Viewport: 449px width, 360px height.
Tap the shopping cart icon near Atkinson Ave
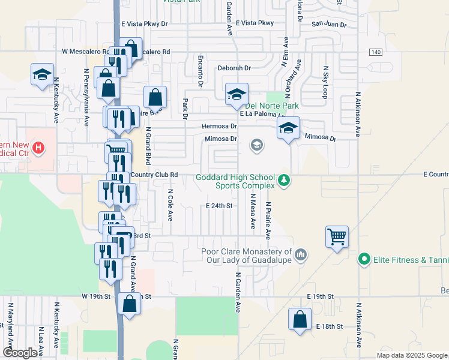[337, 236]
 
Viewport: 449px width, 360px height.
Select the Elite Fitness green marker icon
[363, 260]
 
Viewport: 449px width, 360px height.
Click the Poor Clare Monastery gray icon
[301, 256]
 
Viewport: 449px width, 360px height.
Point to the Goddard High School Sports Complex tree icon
[285, 179]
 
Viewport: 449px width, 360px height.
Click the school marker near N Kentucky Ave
[41, 74]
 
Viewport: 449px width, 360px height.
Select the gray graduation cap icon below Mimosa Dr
[257, 145]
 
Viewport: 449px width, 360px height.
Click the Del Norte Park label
[271, 106]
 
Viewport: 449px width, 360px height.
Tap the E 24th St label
[218, 205]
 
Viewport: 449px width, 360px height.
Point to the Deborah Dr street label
[234, 68]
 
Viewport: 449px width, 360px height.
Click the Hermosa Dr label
[220, 127]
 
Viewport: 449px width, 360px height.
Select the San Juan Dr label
[329, 25]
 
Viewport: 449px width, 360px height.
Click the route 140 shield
[375, 52]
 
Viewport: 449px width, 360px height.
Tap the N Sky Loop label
[326, 82]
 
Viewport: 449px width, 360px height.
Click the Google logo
[20, 353]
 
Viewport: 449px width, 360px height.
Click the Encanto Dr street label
[200, 70]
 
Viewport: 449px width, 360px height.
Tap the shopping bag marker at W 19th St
[130, 304]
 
